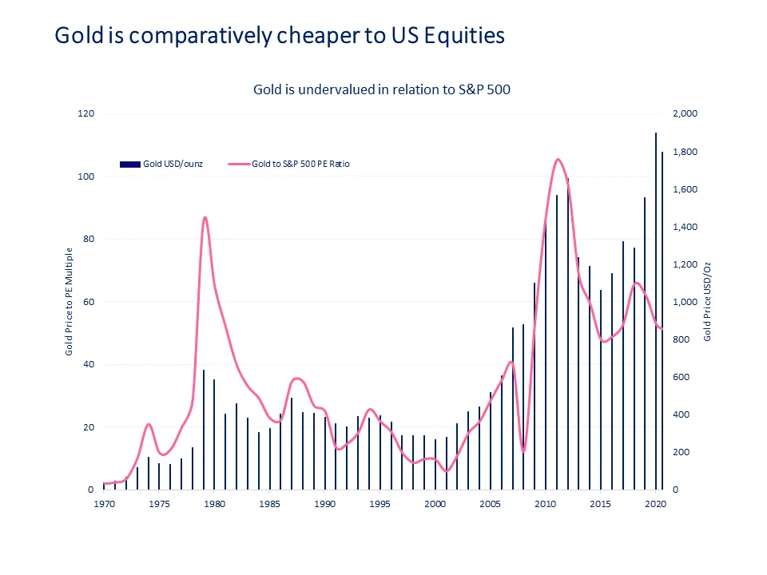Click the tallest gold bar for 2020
point(656,311)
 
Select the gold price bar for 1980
point(214,434)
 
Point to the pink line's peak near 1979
point(205,217)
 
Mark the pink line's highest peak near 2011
point(558,160)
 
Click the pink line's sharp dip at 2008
point(523,452)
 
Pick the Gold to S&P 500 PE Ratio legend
point(300,164)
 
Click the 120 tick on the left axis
point(86,114)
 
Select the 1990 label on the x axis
point(324,505)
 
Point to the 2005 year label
point(490,505)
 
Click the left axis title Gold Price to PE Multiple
point(70,302)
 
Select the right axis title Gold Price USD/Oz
point(707,302)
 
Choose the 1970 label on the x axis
point(104,505)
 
